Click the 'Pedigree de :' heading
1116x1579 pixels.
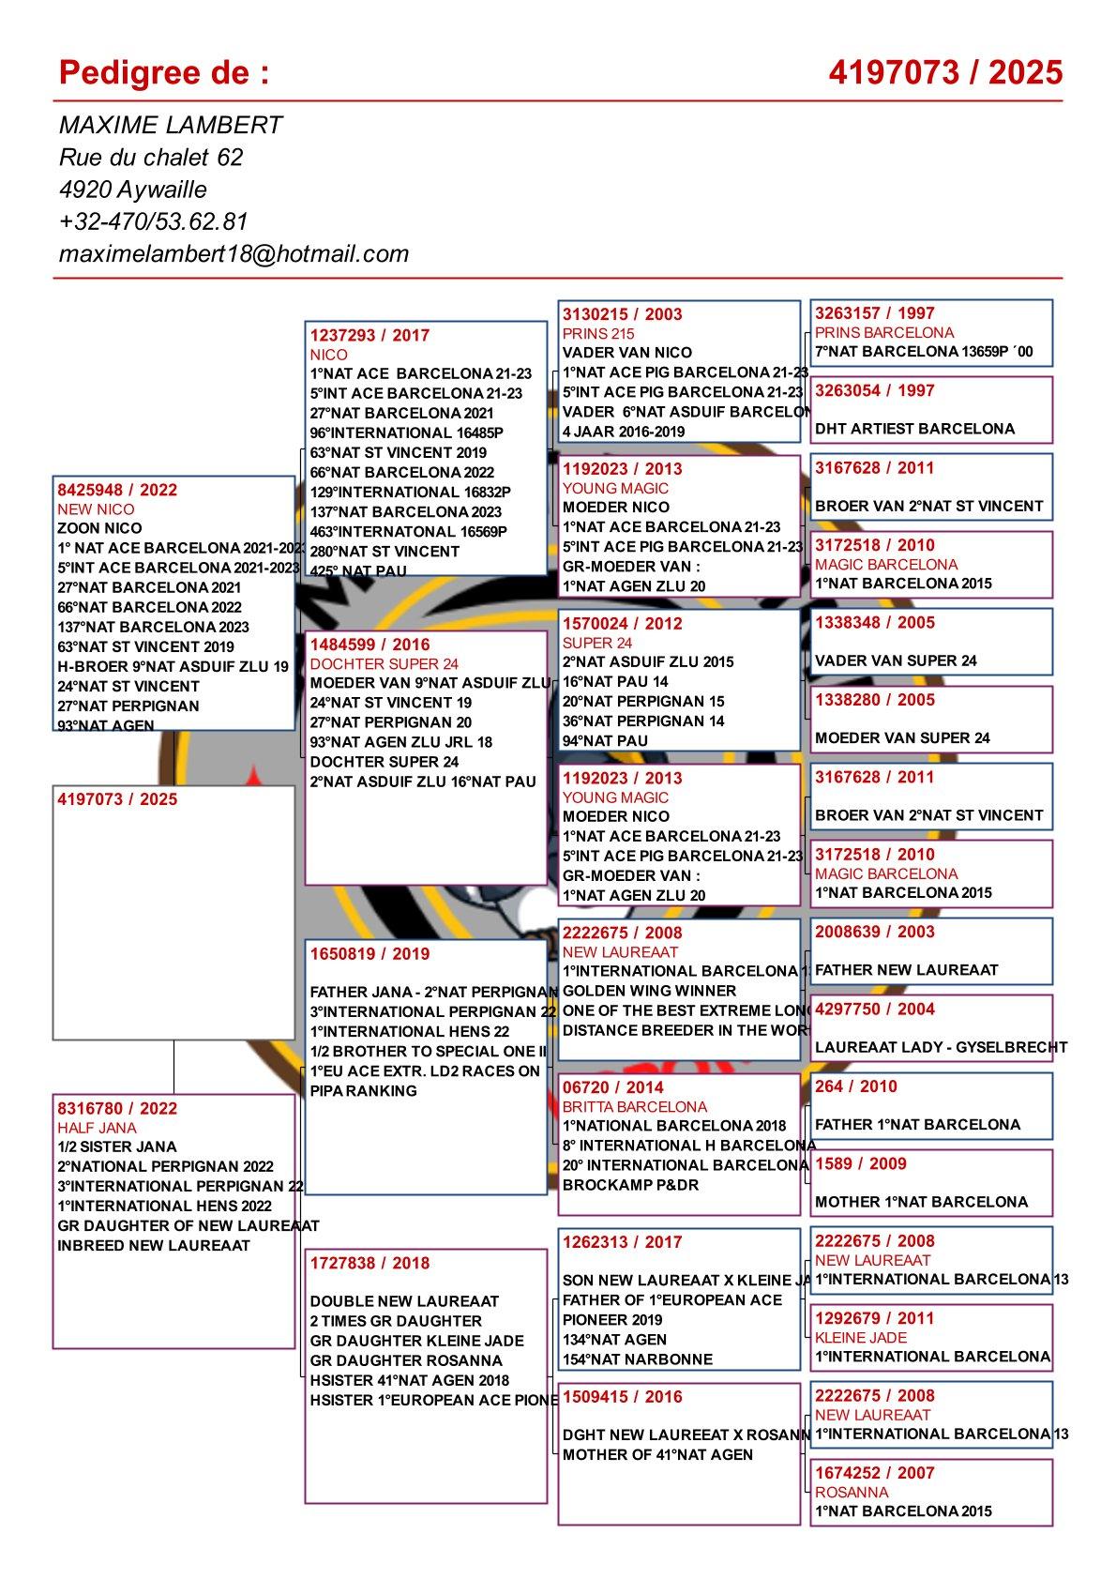(x=164, y=72)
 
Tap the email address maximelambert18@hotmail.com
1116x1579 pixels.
(x=234, y=253)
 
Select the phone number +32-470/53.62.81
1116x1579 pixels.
(x=153, y=221)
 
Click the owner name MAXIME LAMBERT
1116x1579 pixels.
(x=171, y=126)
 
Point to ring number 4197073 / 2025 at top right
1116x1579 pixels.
(x=945, y=72)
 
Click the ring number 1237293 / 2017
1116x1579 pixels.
(x=370, y=335)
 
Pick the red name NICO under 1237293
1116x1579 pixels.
(x=329, y=355)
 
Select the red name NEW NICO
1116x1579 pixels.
(x=96, y=509)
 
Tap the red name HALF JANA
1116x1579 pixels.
(x=97, y=1128)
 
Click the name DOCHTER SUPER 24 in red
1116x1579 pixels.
(x=385, y=663)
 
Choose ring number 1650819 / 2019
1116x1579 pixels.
(x=370, y=953)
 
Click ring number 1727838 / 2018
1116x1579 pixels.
(x=370, y=1263)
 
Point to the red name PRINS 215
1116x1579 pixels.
(x=598, y=334)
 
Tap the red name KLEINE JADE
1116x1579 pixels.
(x=861, y=1337)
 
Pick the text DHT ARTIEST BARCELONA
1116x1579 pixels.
(x=914, y=429)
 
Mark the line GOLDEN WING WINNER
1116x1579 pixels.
(x=649, y=991)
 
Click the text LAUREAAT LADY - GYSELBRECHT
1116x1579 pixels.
(x=941, y=1047)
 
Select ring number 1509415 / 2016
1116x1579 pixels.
(x=623, y=1396)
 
